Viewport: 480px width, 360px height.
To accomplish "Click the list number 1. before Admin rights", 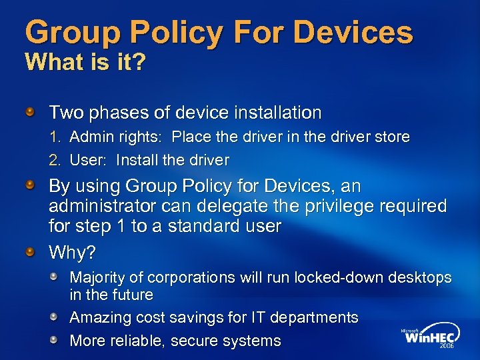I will tap(56, 137).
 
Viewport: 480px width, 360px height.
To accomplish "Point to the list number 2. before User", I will tap(56, 160).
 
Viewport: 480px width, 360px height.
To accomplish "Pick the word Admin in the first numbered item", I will tap(89, 137).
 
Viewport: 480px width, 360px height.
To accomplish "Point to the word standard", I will tap(203, 226).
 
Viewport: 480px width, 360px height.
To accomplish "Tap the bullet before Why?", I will tap(31, 251).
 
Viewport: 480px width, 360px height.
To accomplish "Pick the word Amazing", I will tap(99, 317).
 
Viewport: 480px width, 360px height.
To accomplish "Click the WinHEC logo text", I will tap(429, 337).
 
